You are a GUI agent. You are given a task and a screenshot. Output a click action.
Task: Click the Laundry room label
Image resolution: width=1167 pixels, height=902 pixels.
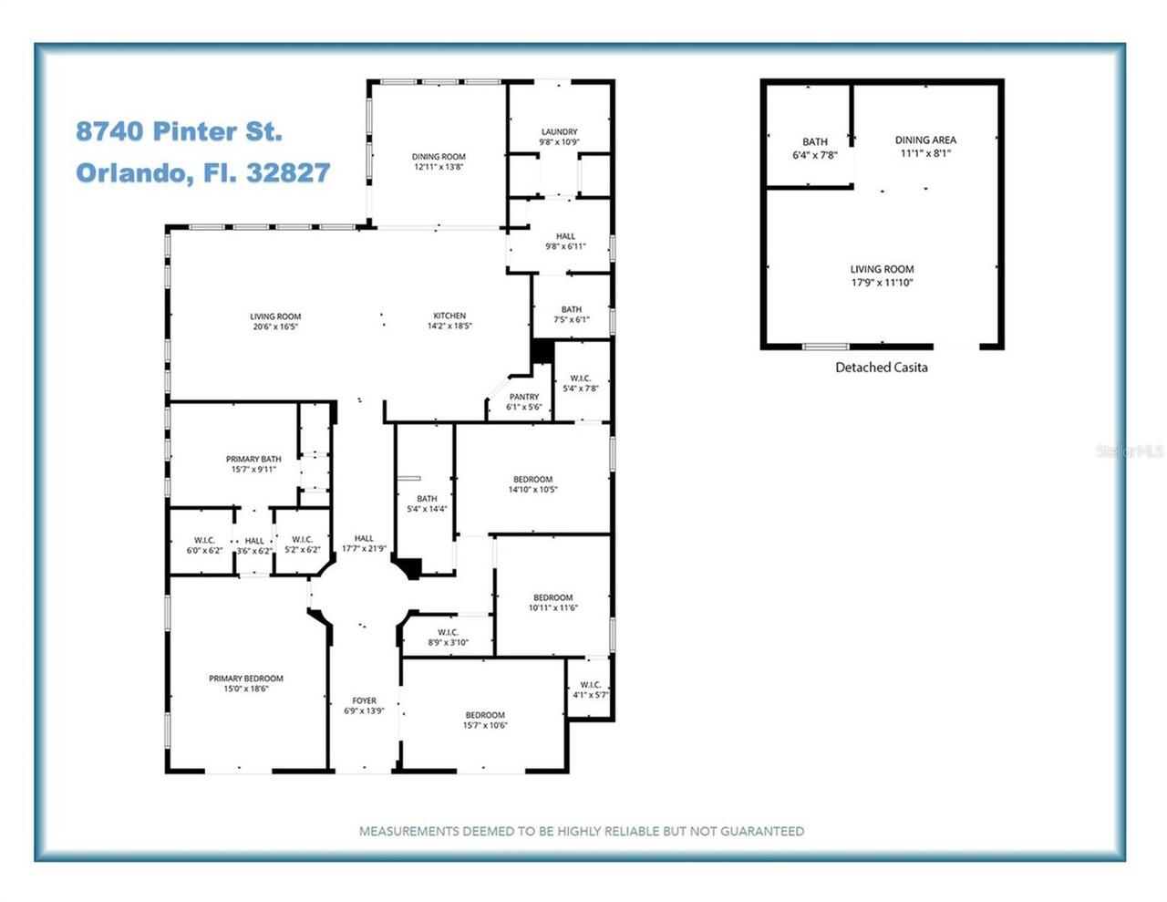(x=559, y=131)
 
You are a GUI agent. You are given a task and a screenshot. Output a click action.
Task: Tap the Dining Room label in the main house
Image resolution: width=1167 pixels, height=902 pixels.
(x=439, y=157)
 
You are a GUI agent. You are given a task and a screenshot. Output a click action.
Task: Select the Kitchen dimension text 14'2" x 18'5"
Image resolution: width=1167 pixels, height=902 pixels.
(x=449, y=326)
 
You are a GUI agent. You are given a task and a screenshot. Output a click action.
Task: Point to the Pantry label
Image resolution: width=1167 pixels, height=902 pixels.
(x=524, y=397)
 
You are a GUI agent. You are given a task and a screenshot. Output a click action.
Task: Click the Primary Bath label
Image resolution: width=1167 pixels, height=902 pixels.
(x=253, y=460)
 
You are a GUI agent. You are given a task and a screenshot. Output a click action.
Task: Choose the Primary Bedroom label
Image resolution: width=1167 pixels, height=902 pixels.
(x=246, y=679)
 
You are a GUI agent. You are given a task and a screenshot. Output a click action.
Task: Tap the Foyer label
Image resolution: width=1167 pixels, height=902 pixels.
(x=364, y=700)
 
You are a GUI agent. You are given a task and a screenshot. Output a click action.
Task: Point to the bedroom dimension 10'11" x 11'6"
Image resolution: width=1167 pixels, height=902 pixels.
(x=553, y=607)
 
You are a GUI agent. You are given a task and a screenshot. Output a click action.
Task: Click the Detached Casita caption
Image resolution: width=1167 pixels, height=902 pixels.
(x=882, y=368)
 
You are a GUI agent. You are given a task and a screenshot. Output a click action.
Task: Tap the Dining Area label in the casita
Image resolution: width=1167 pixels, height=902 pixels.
(x=925, y=140)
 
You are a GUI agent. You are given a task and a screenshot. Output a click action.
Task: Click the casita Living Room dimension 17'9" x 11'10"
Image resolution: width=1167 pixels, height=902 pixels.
(x=882, y=283)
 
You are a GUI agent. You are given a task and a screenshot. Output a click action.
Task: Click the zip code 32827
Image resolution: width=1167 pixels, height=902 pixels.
(x=288, y=173)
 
